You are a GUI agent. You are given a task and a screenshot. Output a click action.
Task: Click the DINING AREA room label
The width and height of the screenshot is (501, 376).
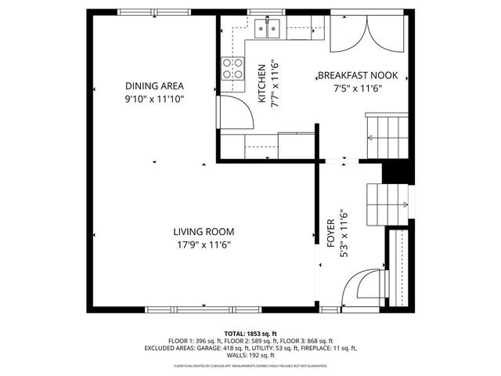pos(154,86)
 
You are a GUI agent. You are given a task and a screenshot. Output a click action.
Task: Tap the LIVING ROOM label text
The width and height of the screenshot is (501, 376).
pos(204,231)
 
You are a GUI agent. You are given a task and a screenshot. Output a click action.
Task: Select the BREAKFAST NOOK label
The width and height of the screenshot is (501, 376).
pos(358,76)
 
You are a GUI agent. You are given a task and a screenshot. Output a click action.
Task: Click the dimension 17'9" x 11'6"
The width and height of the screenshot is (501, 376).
pos(204,244)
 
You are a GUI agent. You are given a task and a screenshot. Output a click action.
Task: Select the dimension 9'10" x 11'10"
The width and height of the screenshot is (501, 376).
pos(154,99)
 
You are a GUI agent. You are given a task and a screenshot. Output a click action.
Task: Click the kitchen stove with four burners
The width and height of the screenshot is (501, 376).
pos(231,69)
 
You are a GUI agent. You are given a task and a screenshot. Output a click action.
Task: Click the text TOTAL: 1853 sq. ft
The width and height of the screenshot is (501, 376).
pos(250,333)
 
